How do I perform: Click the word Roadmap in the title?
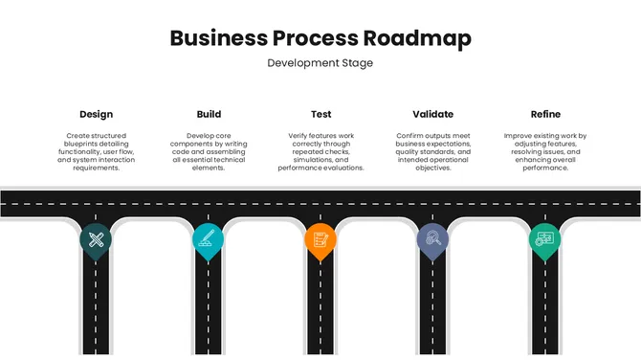(x=417, y=38)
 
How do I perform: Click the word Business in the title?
(x=217, y=38)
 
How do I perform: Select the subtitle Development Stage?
(x=320, y=63)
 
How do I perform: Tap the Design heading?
(x=96, y=114)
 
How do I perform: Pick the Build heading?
(x=209, y=114)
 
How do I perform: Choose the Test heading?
(x=321, y=114)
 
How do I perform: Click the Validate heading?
(x=432, y=114)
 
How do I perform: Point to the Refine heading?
(x=545, y=114)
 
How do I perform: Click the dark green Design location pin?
(x=96, y=239)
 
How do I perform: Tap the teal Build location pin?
(x=208, y=239)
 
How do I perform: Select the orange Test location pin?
(x=320, y=239)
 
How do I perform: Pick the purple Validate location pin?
(x=432, y=239)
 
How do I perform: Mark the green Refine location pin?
(x=544, y=239)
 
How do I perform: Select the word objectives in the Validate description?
(x=432, y=168)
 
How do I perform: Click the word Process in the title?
(x=316, y=38)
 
